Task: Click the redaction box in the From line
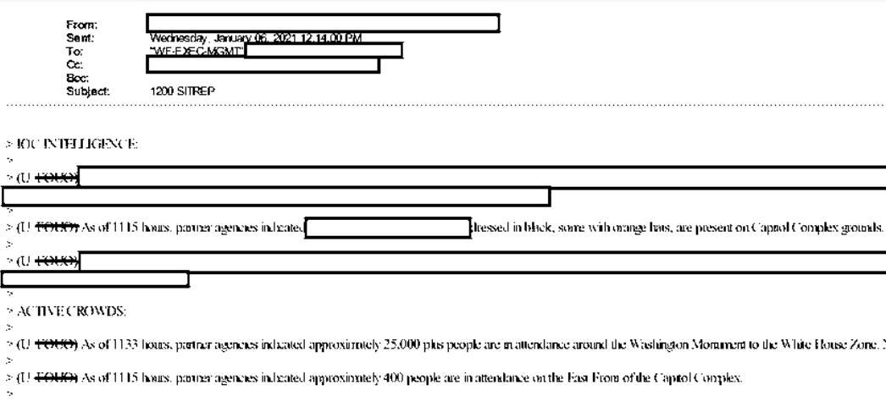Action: click(322, 23)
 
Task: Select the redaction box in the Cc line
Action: click(263, 64)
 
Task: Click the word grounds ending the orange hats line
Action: click(863, 228)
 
